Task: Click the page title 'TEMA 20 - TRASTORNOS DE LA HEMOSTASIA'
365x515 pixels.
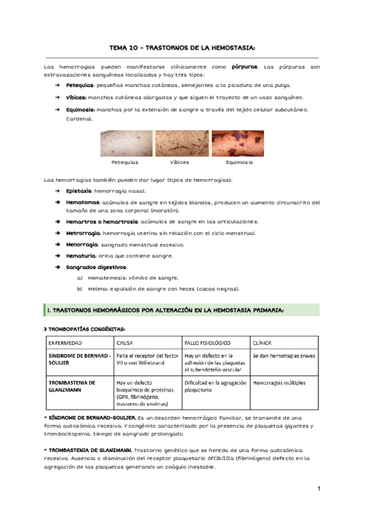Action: point(182,48)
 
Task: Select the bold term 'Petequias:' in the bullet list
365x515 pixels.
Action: point(79,86)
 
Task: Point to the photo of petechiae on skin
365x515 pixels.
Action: point(126,144)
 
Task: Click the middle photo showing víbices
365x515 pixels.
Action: point(180,144)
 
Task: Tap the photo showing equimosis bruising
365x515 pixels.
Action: point(237,144)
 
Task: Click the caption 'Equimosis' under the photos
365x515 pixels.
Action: point(239,163)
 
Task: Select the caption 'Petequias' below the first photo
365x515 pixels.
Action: point(125,163)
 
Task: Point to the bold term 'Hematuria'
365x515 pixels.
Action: point(80,256)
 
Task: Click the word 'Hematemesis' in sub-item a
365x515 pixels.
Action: point(105,278)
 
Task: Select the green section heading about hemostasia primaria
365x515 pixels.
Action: point(165,310)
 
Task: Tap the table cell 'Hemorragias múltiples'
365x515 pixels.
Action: point(279,383)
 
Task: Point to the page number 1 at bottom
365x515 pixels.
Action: point(318,489)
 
